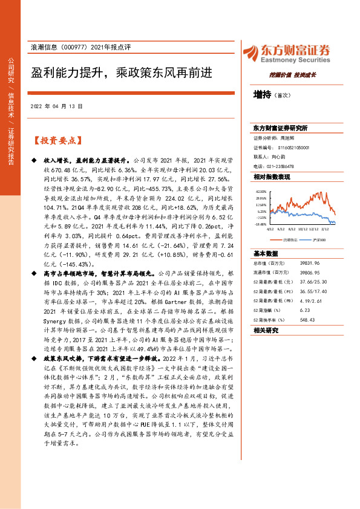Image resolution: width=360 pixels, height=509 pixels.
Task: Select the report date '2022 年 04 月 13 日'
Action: [x=56, y=106]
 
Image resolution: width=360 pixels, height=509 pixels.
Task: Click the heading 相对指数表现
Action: [x=272, y=177]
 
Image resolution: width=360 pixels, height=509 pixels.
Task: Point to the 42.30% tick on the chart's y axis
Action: [x=261, y=191]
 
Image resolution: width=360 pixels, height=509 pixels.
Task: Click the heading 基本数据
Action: [x=266, y=253]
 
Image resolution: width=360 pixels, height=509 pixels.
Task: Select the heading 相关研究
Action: [x=266, y=330]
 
